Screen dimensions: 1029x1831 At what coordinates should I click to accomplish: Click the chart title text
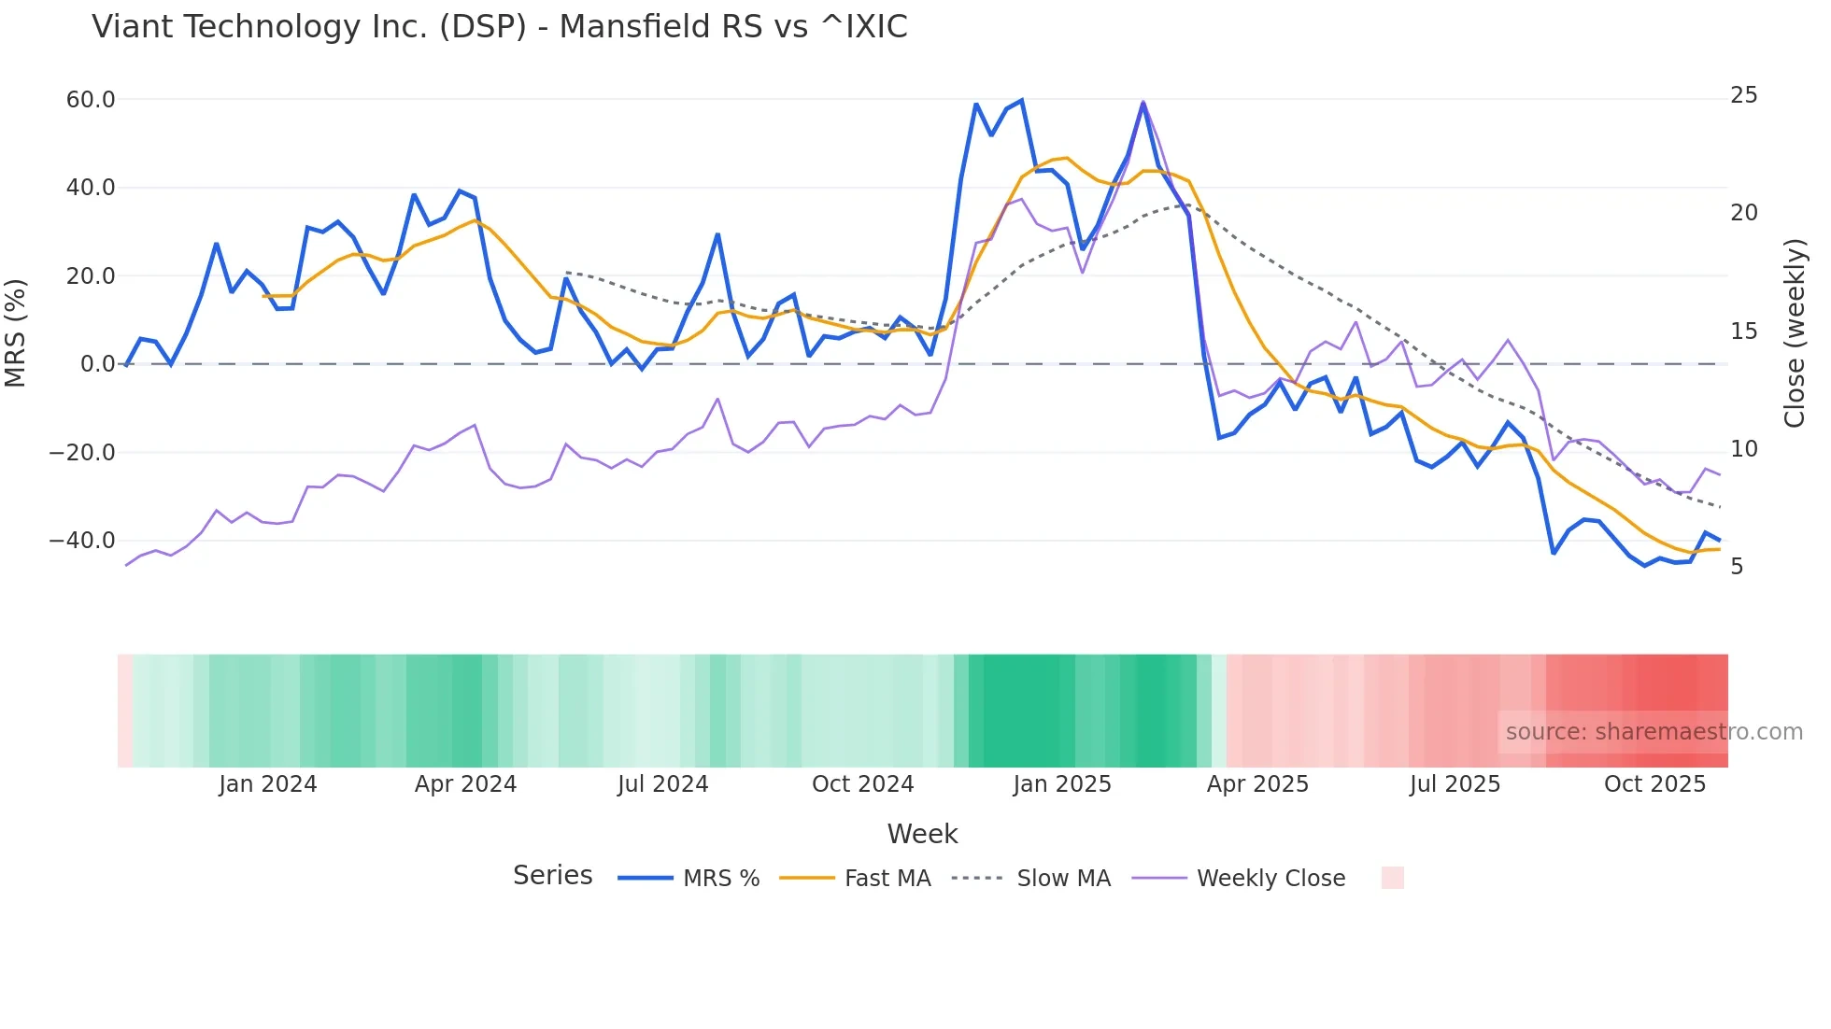[x=499, y=27]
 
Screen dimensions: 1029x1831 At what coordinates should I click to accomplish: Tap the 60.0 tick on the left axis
[x=91, y=100]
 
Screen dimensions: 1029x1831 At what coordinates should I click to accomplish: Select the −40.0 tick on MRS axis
[x=82, y=541]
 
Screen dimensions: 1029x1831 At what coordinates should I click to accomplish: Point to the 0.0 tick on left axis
[x=97, y=364]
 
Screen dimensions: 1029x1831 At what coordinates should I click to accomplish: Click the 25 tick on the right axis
[x=1743, y=95]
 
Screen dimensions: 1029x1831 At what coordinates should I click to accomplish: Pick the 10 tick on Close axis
[x=1743, y=449]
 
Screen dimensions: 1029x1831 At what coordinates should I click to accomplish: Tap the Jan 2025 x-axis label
[x=1061, y=784]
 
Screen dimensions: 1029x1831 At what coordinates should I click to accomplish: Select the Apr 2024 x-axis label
[x=465, y=784]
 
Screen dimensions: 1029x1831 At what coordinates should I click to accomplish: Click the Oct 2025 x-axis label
[x=1654, y=784]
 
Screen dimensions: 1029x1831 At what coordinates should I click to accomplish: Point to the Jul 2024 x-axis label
[x=662, y=784]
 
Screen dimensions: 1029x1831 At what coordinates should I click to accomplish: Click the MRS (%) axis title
[x=16, y=332]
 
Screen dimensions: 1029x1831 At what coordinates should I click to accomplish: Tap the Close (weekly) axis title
[x=1794, y=332]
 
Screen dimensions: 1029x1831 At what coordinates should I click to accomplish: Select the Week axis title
[x=922, y=834]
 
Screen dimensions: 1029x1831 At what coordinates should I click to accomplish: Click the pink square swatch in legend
[x=1392, y=878]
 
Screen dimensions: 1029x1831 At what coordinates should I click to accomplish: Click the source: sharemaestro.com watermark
[x=1654, y=732]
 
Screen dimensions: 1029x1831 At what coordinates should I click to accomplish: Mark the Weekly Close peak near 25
[x=1143, y=102]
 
